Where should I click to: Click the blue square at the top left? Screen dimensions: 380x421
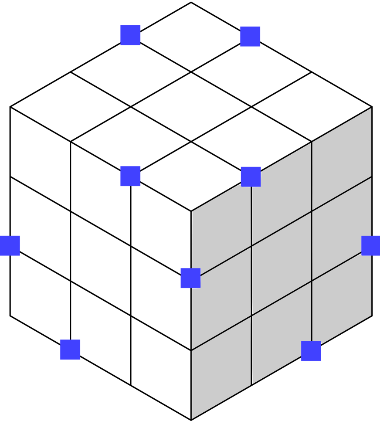point(130,35)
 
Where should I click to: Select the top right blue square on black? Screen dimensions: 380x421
point(250,36)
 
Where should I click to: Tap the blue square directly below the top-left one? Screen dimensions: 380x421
point(130,176)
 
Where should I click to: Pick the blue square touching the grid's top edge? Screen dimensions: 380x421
point(251,177)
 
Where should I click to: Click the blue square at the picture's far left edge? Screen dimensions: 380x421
point(10,245)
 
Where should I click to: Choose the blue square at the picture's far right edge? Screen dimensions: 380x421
point(370,245)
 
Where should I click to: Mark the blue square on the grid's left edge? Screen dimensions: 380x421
point(190,278)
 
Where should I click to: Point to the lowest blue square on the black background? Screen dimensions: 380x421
point(70,349)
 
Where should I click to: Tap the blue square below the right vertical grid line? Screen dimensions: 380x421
point(311,351)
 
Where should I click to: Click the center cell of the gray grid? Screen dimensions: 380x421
point(282,264)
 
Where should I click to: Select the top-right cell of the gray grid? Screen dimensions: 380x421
point(341,160)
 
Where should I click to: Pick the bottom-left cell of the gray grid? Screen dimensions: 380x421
point(221,367)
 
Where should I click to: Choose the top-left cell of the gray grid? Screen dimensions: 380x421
point(221,229)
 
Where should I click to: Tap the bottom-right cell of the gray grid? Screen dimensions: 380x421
point(341,298)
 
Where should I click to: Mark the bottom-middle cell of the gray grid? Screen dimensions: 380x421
point(282,332)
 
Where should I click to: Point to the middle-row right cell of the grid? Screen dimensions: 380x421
point(341,229)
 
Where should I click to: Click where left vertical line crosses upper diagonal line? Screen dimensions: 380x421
point(251,246)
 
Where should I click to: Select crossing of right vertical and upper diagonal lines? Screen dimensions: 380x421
point(311,212)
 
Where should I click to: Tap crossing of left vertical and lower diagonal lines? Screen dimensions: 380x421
point(251,315)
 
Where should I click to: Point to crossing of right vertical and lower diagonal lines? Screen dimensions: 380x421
point(311,281)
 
